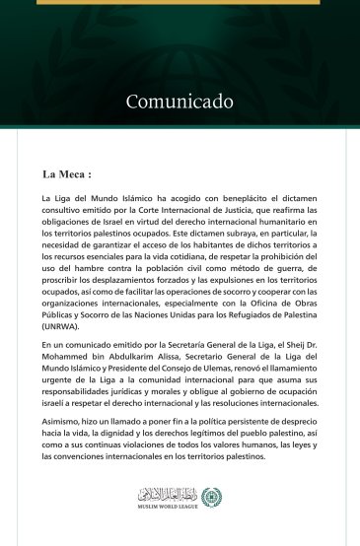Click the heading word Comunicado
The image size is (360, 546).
tap(180, 102)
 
